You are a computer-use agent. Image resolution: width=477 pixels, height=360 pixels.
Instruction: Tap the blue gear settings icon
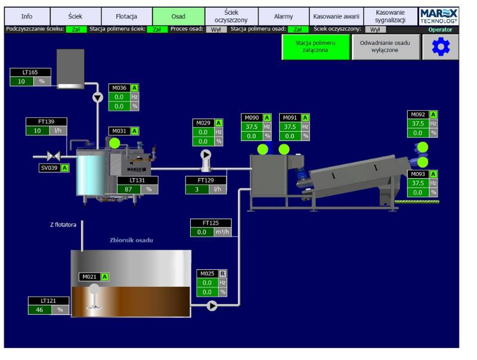[440, 48]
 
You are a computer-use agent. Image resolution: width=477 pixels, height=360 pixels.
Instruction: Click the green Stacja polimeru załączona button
[315, 47]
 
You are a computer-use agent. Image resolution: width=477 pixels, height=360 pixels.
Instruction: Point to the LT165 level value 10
[21, 82]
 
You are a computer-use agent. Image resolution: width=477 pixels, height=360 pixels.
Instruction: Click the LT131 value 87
[128, 189]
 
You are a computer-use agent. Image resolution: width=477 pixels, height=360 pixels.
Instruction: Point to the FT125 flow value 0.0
[202, 232]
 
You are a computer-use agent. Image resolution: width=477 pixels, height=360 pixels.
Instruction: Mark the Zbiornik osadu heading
[132, 240]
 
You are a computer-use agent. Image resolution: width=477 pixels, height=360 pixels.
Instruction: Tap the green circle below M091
[284, 149]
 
